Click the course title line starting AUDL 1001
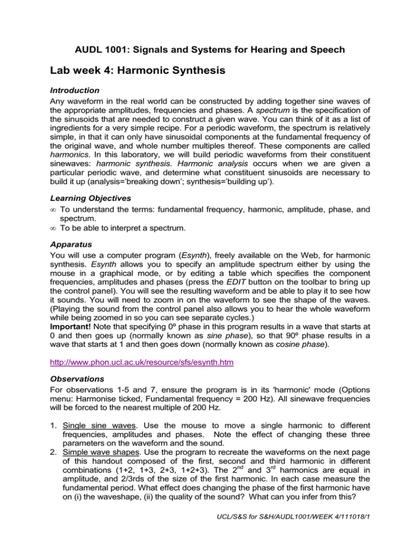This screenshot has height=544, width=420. tap(210, 50)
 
